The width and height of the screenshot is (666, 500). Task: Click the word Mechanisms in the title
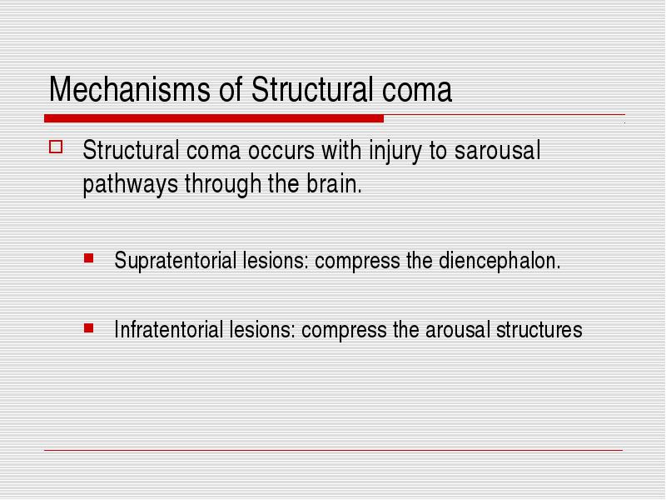tap(130, 89)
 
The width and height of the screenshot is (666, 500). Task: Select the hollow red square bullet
tap(56, 147)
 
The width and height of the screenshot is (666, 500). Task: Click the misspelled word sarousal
tap(497, 150)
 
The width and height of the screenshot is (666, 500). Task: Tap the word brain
tap(334, 183)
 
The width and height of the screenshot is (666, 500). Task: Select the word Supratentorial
tap(175, 261)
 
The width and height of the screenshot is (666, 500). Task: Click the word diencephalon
tap(499, 261)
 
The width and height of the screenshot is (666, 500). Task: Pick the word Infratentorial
tap(169, 329)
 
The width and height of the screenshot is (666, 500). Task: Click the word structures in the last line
tap(539, 330)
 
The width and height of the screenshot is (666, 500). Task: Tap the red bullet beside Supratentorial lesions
tap(89, 258)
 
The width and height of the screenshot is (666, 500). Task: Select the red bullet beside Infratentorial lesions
tap(89, 327)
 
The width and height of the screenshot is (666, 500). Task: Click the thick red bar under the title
tap(214, 118)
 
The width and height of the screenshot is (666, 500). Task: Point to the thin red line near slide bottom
tap(334, 450)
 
